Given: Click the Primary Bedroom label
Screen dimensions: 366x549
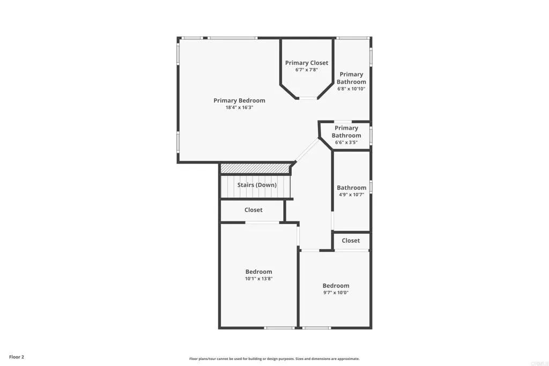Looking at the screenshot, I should click(239, 101).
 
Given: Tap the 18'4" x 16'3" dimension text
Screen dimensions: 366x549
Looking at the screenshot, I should click(239, 108).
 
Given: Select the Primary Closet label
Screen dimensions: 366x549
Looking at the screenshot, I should click(307, 63).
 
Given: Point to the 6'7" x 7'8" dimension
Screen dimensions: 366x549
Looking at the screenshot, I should click(307, 70).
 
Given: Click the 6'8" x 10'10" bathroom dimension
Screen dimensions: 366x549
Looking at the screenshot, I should click(351, 89).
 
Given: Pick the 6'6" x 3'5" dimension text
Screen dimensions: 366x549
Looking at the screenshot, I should click(346, 143).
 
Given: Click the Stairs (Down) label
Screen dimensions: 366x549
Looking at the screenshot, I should click(257, 185).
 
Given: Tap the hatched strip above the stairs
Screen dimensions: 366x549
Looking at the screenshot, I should click(255, 168).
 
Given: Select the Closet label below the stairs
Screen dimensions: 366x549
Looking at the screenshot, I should click(254, 210).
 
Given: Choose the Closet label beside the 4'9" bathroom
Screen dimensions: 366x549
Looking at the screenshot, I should click(351, 241).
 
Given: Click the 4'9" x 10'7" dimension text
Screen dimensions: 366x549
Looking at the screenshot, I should click(352, 195).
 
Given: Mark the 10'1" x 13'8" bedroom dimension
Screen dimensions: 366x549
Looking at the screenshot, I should click(259, 279).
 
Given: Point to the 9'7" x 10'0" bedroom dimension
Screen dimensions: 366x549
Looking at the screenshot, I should click(336, 293).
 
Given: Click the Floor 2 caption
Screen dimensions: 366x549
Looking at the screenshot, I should click(17, 357).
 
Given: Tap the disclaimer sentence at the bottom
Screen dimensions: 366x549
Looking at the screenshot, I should click(274, 359).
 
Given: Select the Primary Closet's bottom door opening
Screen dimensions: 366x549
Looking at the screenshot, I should click(308, 98).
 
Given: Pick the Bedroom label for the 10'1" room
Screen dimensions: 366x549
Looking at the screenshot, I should click(259, 272).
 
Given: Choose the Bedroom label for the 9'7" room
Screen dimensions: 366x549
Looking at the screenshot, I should click(336, 286).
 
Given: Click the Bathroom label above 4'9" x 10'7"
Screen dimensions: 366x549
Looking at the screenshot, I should click(352, 188).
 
